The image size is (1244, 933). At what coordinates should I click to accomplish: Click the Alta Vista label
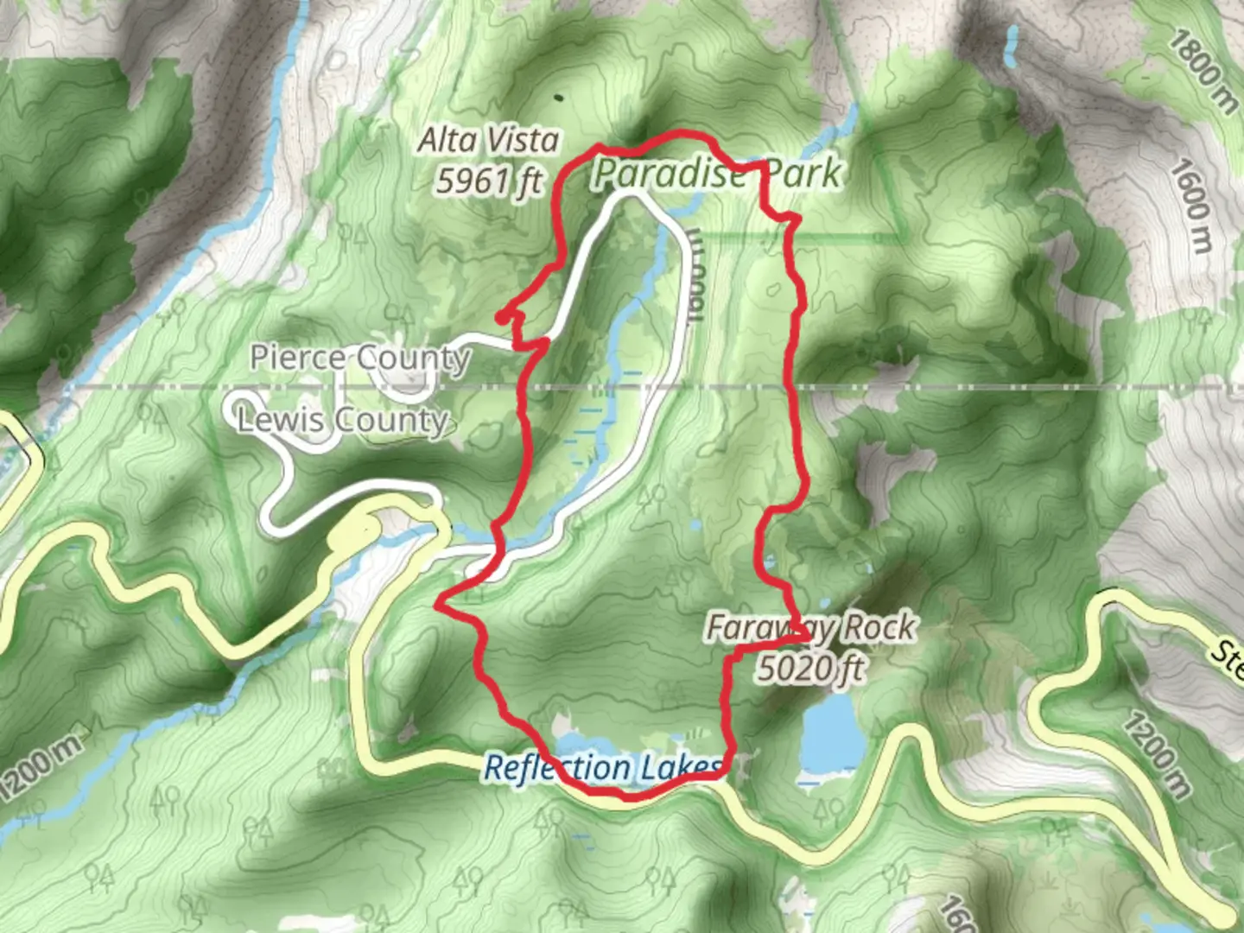point(488,140)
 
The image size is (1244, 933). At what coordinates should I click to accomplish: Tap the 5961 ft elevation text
point(489,181)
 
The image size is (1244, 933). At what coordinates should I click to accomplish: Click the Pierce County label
point(360,357)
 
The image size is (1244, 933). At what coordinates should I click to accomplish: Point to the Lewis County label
point(343,420)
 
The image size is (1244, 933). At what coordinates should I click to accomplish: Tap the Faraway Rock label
point(810,627)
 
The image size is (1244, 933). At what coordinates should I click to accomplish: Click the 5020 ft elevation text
point(810,667)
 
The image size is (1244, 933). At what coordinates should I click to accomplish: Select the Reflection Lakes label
point(602,767)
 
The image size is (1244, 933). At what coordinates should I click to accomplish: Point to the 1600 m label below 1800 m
point(1191,206)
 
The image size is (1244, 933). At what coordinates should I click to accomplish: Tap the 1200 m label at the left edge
point(41,766)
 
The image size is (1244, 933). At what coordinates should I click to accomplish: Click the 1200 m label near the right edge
point(1157,753)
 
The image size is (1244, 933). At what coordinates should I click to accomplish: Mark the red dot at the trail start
point(501,319)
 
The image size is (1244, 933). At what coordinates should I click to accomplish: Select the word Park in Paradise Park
point(803,174)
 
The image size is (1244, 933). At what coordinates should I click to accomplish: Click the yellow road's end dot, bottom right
point(1226,914)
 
